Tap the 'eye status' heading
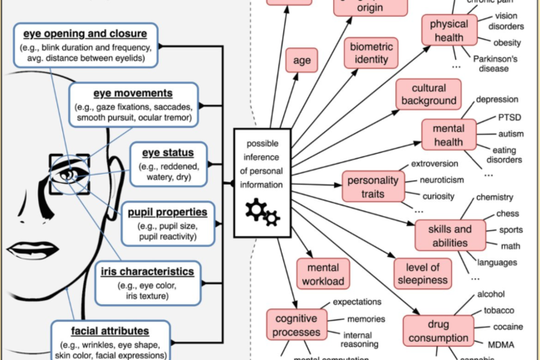point(165,153)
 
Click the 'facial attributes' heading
point(109,330)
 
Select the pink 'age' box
point(298,59)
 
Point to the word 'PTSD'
point(491,118)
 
